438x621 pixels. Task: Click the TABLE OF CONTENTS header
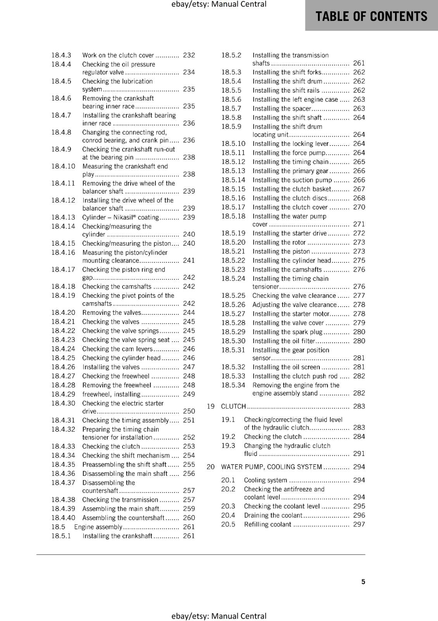pos(371,16)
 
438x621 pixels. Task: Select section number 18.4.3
pos(61,55)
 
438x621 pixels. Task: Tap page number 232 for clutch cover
pos(189,55)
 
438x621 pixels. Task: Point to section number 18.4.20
pos(63,312)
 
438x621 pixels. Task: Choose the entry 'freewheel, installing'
pos(111,394)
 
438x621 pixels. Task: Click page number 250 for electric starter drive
pos(189,411)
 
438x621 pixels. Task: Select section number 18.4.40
pos(63,518)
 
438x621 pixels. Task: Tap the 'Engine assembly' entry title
pos(98,527)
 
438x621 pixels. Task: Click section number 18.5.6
pos(231,99)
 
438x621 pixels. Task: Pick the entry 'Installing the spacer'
pos(281,109)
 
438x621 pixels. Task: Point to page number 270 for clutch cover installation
pos(359,207)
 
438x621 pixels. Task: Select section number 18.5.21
pos(233,252)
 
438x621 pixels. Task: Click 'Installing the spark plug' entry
pos(287,332)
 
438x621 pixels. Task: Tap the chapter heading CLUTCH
pos(233,406)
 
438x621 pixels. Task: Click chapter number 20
pos(210,467)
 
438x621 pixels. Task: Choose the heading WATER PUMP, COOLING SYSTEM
pos(271,467)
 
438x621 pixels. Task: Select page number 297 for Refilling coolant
pos(359,524)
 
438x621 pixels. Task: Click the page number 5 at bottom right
pos(363,581)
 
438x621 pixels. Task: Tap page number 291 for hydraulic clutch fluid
pos(359,454)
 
